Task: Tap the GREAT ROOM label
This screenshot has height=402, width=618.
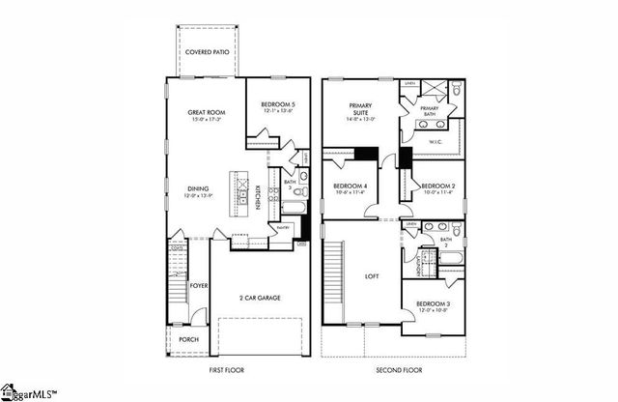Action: coord(206,113)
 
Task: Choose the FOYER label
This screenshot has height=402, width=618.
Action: coord(199,286)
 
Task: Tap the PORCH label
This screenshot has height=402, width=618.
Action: coord(188,339)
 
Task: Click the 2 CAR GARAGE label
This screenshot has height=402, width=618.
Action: coord(260,298)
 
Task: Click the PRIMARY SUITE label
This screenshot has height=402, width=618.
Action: coord(348,116)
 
